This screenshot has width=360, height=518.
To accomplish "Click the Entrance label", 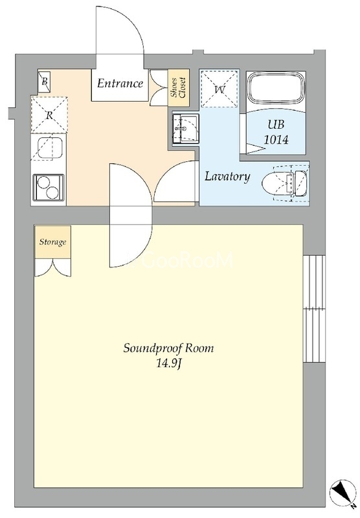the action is click(120, 83).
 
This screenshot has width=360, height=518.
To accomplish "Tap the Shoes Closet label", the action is click(178, 87).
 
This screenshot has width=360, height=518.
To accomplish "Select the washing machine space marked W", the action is click(219, 89).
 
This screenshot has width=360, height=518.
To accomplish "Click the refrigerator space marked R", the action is click(49, 115).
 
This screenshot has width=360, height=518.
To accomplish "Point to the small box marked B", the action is click(44, 81).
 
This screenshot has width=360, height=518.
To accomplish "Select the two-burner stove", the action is click(48, 187).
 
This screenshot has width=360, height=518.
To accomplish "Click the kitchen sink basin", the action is click(50, 147).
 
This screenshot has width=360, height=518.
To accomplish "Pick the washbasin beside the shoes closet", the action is click(185, 128).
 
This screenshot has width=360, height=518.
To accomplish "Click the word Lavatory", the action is click(227, 177).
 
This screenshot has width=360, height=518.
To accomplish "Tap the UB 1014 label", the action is click(276, 132).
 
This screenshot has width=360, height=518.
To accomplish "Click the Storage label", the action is click(53, 242).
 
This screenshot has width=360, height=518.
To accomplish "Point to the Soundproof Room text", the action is click(169, 348).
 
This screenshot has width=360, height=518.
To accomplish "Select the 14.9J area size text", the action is click(169, 364).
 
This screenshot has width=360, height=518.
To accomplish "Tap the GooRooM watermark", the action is click(185, 260).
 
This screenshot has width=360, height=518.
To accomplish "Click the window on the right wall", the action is click(314, 309).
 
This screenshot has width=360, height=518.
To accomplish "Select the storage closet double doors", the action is click(53, 267).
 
